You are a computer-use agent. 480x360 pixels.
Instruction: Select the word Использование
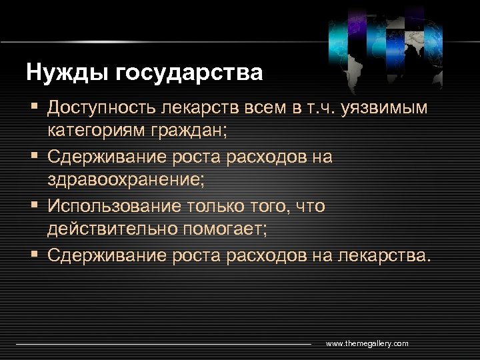(109, 206)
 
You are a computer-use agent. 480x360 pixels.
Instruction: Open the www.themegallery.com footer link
(367, 343)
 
